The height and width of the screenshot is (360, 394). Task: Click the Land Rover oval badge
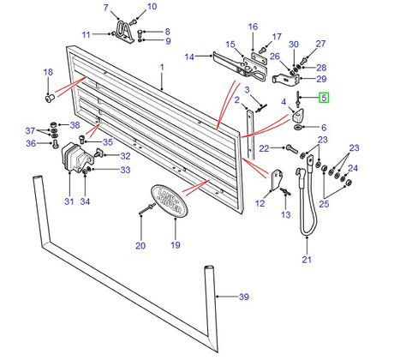[169, 201]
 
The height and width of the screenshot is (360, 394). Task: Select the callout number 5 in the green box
[324, 98]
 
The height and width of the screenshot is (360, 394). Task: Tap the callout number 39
[244, 297]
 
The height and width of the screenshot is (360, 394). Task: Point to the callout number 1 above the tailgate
[162, 68]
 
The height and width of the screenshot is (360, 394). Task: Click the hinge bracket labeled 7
[124, 31]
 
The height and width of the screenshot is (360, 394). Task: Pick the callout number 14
[189, 57]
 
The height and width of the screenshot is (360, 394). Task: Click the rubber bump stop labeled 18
[50, 98]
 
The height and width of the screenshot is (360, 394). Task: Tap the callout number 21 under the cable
[307, 260]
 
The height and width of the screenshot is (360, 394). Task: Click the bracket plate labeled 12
[277, 180]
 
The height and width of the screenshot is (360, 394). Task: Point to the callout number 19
[176, 245]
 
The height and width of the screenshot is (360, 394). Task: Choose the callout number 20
[140, 245]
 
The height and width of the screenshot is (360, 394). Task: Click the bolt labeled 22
[291, 148]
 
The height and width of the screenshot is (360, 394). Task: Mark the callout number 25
[324, 204]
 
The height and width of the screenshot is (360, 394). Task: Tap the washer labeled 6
[297, 127]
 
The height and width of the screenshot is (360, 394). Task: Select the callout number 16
[253, 27]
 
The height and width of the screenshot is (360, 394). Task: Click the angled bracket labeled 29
[286, 79]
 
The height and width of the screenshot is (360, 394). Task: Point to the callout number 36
[31, 143]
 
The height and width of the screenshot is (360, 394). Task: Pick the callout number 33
[125, 170]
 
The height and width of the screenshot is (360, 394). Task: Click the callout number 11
[86, 35]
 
